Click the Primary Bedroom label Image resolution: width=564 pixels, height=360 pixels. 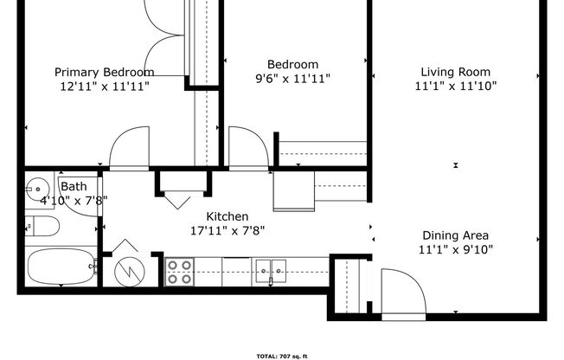105,72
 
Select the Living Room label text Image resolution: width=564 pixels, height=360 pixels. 456,72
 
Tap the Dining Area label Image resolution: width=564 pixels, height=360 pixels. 456,235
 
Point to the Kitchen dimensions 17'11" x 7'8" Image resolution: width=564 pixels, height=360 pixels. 228,230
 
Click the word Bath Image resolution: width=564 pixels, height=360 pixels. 74,186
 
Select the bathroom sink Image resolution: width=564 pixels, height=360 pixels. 38,187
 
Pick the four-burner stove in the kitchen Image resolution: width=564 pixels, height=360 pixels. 179,272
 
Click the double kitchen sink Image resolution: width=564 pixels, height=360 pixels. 271,271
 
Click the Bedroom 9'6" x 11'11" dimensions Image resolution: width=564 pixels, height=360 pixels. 292,79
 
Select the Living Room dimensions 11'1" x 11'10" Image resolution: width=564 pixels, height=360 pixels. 456,86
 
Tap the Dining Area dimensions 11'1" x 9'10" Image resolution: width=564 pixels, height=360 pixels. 456,249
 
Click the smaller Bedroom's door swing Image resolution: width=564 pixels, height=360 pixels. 243,147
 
